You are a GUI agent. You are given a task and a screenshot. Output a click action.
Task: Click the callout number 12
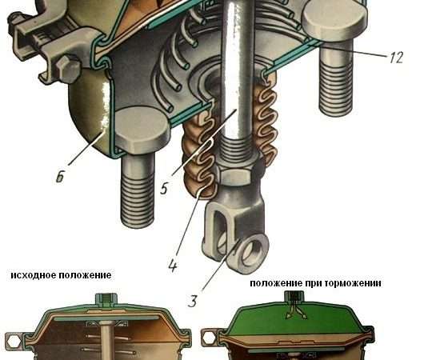click(396, 58)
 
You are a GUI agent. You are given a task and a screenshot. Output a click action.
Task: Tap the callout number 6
click(60, 176)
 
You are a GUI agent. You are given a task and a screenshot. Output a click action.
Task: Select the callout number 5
click(164, 189)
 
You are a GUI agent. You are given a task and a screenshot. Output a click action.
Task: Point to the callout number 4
click(173, 266)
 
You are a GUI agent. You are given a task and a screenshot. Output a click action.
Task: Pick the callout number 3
click(193, 301)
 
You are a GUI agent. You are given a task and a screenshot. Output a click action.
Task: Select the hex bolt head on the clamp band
click(67, 67)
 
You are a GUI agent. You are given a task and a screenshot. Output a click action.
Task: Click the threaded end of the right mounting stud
click(335, 88)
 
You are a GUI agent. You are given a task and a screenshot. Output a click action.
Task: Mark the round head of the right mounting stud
click(334, 23)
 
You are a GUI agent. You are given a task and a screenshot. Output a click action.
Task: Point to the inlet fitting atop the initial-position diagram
click(106, 300)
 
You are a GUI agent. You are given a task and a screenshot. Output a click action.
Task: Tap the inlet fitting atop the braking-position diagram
click(294, 297)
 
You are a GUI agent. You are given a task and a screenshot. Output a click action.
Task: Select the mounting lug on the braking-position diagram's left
click(210, 338)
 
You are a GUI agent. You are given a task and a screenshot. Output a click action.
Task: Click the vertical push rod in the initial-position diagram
click(106, 341)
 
